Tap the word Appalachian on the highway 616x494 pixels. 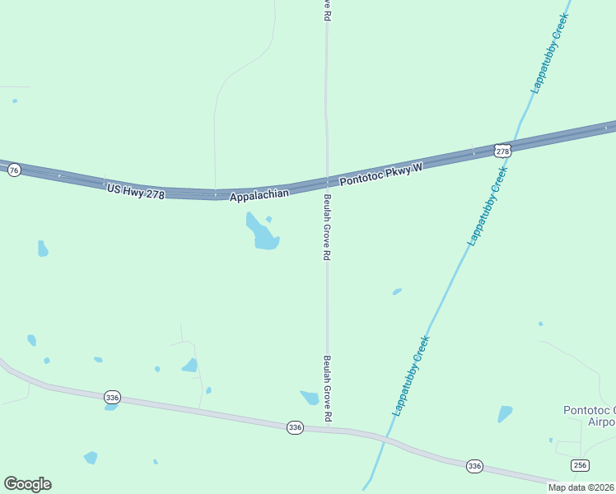coord(259,195)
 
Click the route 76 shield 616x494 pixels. coord(13,170)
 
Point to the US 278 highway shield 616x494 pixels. coord(503,151)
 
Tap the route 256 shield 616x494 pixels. coord(580,465)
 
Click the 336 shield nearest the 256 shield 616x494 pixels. coord(474,466)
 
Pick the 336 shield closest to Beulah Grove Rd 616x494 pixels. coord(296,427)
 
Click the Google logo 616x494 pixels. coord(27,483)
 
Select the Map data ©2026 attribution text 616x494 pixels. coord(581,487)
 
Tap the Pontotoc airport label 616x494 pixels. coord(588,416)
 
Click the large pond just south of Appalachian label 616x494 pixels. coord(264,234)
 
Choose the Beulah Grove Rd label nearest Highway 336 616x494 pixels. coord(327,389)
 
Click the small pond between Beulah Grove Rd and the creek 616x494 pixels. coord(397,291)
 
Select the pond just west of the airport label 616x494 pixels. coord(504,413)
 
